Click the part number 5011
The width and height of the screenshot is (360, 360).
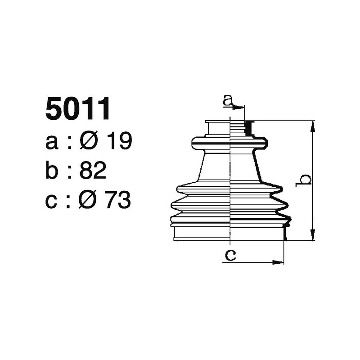(78, 109)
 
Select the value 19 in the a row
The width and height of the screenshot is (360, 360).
(119, 141)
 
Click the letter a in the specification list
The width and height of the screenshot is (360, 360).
(52, 142)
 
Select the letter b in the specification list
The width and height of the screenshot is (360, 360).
(52, 171)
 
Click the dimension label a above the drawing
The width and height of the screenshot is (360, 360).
(228, 101)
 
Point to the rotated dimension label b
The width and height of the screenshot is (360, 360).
(305, 180)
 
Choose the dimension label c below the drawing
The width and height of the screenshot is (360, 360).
(230, 255)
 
